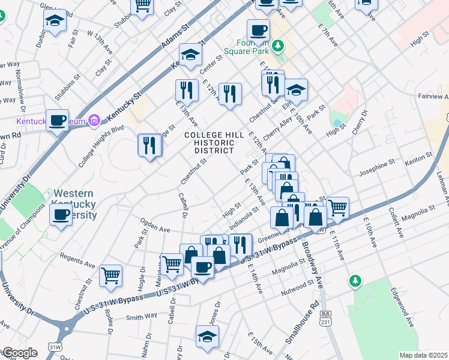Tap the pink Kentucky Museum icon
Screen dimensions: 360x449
(x=94, y=122)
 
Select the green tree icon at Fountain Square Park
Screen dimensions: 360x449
(x=277, y=46)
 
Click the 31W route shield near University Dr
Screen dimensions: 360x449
(x=55, y=347)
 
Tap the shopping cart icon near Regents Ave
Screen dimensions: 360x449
(x=110, y=275)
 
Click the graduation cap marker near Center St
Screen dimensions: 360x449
(x=191, y=55)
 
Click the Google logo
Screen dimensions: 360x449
(x=19, y=353)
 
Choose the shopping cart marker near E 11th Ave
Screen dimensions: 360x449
(x=337, y=208)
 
